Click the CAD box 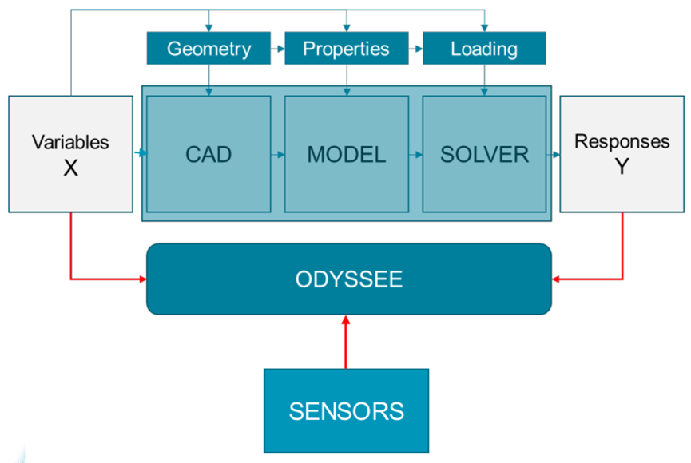208,154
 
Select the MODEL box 346,154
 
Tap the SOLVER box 484,154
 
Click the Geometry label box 208,49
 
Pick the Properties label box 346,49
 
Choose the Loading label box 484,49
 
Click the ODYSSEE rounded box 349,279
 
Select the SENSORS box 346,410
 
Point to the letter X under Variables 70,168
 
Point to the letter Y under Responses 622,168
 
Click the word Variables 70,143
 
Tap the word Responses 622,142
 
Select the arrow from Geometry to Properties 277,49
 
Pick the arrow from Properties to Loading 415,49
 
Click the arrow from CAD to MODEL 277,154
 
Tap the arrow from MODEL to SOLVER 415,154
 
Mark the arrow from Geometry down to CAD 208,80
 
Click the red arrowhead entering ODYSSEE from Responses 557,279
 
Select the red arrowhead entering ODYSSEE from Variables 141,279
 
